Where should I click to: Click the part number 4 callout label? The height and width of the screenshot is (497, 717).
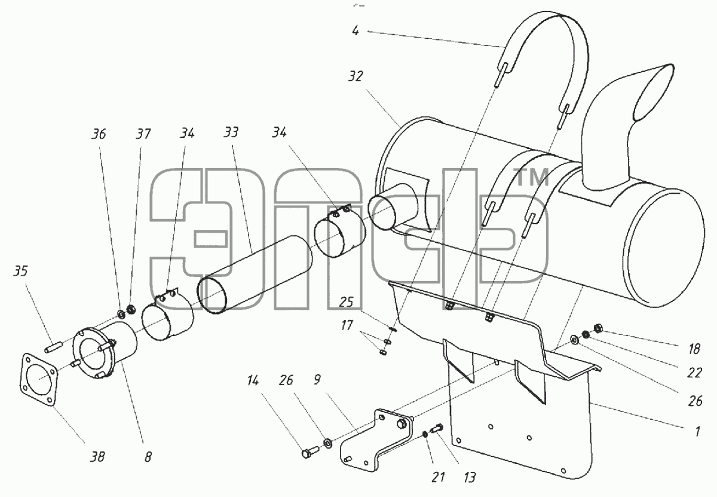coord(356,31)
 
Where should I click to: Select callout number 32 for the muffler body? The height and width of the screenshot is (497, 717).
coord(356,77)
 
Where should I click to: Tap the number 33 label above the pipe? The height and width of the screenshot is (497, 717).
coord(231,132)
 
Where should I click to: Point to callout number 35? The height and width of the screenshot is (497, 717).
coord(21,271)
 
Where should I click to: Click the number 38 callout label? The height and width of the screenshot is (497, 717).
coord(97,456)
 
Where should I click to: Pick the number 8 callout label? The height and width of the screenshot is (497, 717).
coord(148,457)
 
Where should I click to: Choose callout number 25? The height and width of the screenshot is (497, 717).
coord(346,302)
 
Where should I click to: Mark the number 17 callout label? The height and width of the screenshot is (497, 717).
coord(347,325)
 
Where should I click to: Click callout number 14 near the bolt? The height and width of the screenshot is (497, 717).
coord(253,381)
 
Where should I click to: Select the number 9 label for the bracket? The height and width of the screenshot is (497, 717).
coord(317,380)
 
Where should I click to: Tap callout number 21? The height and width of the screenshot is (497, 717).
coord(438,477)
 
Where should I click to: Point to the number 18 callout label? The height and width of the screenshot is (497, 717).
coord(694,349)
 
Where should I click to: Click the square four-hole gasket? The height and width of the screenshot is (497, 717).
coord(38,380)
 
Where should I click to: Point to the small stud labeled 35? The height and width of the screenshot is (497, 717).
coord(54,347)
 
